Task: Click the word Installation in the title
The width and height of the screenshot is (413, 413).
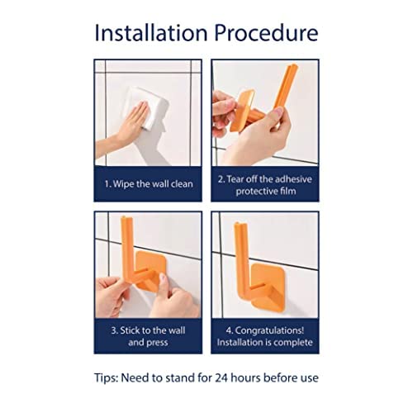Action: [151, 33]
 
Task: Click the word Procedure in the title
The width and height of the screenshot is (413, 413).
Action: [266, 33]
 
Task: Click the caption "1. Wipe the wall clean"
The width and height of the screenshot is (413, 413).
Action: [149, 184]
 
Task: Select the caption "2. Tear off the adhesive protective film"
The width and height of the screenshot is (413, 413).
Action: [265, 185]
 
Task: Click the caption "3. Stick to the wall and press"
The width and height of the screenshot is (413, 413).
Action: [148, 336]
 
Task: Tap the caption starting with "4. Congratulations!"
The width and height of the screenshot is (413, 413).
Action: [265, 336]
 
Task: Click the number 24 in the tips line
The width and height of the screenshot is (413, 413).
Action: [221, 377]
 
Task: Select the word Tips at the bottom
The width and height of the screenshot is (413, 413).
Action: [107, 377]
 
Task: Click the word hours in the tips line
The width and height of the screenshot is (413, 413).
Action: [245, 377]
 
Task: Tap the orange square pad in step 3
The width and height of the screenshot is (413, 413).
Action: [148, 270]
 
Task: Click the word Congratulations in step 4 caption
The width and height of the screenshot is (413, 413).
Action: [269, 330]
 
